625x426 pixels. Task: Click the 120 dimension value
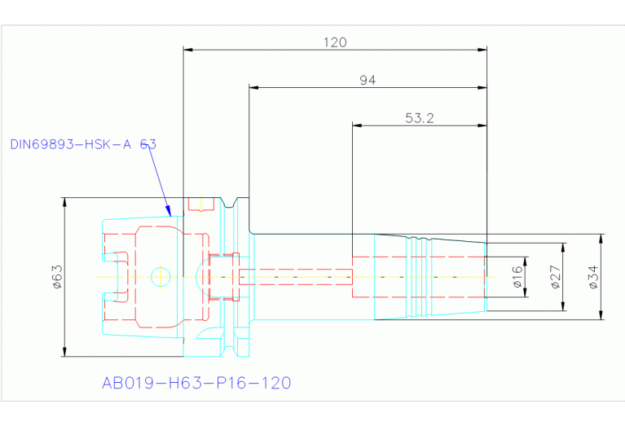(x=335, y=42)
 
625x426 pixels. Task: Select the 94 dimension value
(x=368, y=80)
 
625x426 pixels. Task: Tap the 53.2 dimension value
(x=420, y=118)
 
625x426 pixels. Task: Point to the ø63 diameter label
(x=57, y=277)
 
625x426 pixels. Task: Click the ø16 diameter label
(x=517, y=277)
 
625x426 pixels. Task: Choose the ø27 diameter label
(x=555, y=277)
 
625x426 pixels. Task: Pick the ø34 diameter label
(x=592, y=277)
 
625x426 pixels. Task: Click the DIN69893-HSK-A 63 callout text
(x=83, y=144)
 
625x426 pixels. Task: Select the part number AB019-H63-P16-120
(x=196, y=383)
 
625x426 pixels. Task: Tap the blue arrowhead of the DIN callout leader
(x=169, y=211)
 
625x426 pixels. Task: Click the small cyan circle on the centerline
(x=161, y=277)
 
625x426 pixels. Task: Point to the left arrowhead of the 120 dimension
(x=188, y=50)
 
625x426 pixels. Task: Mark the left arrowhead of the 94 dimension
(x=254, y=87)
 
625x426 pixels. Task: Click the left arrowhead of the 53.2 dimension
(x=357, y=125)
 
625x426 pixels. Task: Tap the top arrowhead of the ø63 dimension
(x=64, y=203)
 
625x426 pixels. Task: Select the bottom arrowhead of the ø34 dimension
(x=601, y=315)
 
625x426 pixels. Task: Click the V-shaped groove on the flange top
(x=229, y=203)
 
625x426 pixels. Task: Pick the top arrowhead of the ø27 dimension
(x=563, y=248)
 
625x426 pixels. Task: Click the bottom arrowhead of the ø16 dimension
(x=526, y=292)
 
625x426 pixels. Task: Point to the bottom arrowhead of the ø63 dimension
(x=64, y=352)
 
